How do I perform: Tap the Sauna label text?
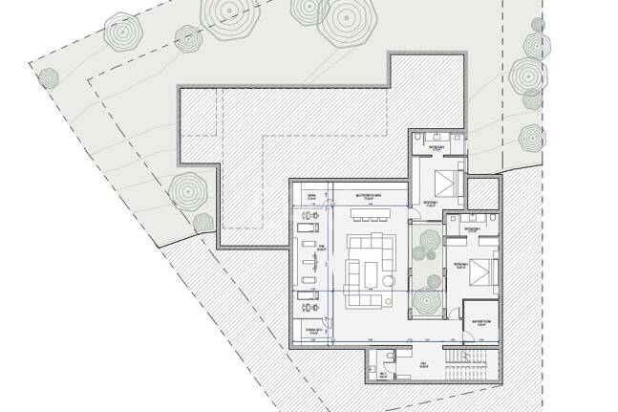tap(311, 196)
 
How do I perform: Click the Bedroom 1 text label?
tap(431, 204)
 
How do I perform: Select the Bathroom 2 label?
tap(472, 230)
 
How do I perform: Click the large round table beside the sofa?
tap(390, 280)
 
